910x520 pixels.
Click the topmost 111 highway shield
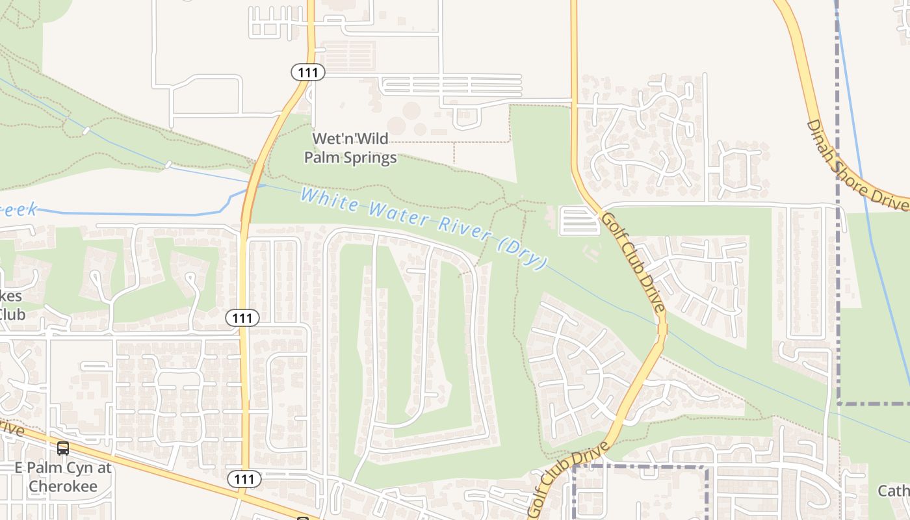pyautogui.click(x=307, y=72)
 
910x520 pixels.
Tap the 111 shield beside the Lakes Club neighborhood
pyautogui.click(x=242, y=318)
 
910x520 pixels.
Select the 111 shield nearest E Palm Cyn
pyautogui.click(x=244, y=479)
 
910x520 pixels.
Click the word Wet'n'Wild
pyautogui.click(x=350, y=138)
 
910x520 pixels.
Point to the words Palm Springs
pyautogui.click(x=350, y=157)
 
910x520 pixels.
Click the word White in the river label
pyautogui.click(x=329, y=200)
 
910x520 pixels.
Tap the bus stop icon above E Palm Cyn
pyautogui.click(x=63, y=448)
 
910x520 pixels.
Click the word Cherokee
pyautogui.click(x=63, y=486)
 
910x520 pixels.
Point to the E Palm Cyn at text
pyautogui.click(x=63, y=468)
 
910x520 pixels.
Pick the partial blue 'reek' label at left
pyautogui.click(x=18, y=210)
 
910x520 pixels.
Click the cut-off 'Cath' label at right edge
pyautogui.click(x=894, y=490)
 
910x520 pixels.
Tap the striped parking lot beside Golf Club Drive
pyautogui.click(x=578, y=220)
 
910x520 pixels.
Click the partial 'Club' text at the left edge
pyautogui.click(x=12, y=315)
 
